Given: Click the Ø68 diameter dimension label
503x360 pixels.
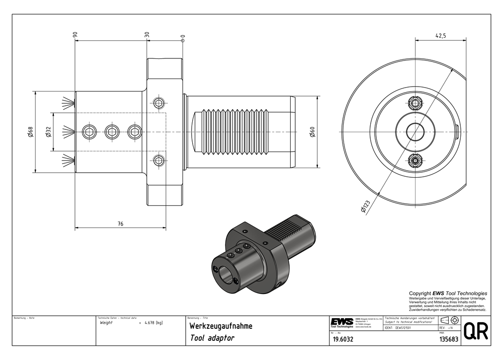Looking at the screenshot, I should coord(31,132).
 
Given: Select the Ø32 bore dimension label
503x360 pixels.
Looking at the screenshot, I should coord(48,132).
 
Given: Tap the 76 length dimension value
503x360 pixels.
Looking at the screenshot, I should coord(121,224).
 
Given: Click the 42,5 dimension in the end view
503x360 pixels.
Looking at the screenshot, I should coord(441,35).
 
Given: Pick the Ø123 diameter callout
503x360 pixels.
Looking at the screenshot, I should coord(365,207).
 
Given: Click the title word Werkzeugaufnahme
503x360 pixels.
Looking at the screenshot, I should coord(221,326).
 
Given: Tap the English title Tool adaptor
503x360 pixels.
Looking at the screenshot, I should coord(212,338).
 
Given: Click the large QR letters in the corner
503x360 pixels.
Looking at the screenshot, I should coord(475,331).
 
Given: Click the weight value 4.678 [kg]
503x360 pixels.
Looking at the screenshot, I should coord(152,322).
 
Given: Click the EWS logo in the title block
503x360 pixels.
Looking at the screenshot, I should coord(342,322).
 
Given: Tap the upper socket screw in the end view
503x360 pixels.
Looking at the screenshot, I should coord(415,104).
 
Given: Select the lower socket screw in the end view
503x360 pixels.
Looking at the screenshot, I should coord(415,161).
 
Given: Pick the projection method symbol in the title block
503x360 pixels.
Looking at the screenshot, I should coord(449,320).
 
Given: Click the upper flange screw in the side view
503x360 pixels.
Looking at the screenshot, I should coord(159,104).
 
